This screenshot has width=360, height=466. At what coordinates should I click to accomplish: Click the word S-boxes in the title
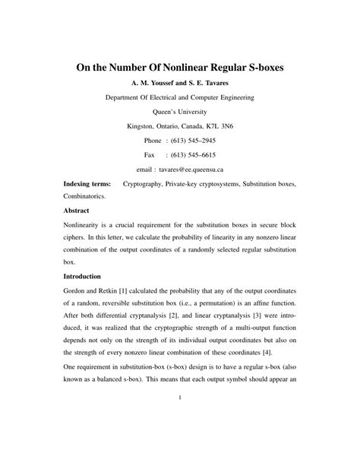pos(252,68)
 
